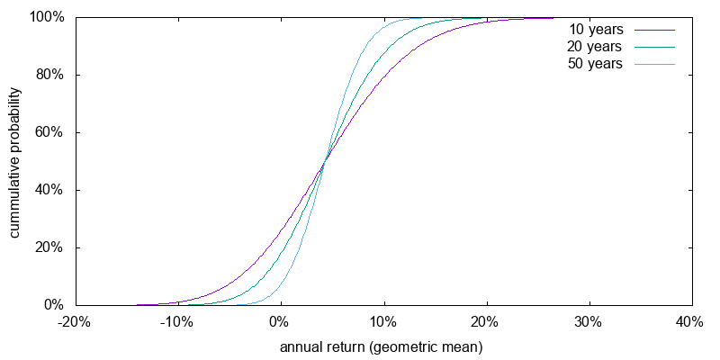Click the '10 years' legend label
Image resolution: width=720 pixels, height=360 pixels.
[x=595, y=29]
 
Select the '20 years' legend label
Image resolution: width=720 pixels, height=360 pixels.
[x=595, y=46]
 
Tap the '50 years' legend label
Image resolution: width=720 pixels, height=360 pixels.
[x=595, y=64]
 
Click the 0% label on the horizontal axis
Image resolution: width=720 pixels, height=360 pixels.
[x=281, y=322]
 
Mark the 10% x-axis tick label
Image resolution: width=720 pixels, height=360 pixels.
[x=384, y=322]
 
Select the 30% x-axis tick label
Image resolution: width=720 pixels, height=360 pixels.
[x=589, y=322]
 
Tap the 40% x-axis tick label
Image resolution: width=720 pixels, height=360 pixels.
[x=691, y=322]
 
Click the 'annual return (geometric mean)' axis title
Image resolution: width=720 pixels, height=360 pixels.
[x=382, y=346]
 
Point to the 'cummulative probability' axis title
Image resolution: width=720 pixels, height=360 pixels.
[x=15, y=162]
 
